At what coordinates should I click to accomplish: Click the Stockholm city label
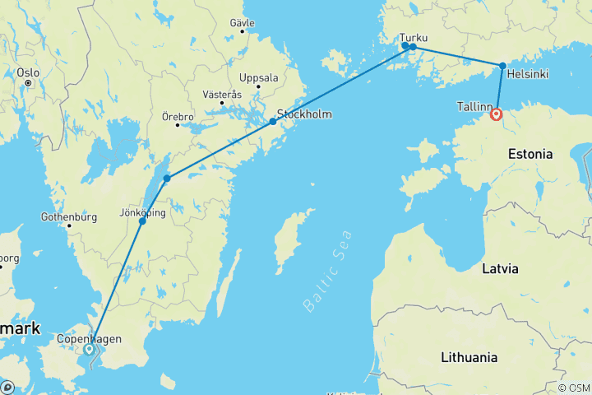pyautogui.click(x=305, y=114)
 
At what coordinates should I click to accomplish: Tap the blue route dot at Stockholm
pyautogui.click(x=273, y=122)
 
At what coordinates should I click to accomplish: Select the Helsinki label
pyautogui.click(x=528, y=74)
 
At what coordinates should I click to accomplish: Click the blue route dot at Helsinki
pyautogui.click(x=502, y=66)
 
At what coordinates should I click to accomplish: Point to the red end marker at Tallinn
pyautogui.click(x=497, y=115)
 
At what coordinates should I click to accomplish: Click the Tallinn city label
pyautogui.click(x=474, y=106)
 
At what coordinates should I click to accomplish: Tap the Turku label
pyautogui.click(x=413, y=37)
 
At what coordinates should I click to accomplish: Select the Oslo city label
pyautogui.click(x=28, y=72)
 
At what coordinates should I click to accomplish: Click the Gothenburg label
pyautogui.click(x=68, y=217)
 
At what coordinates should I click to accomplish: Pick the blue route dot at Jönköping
pyautogui.click(x=142, y=221)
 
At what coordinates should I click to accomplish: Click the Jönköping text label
pyautogui.click(x=143, y=212)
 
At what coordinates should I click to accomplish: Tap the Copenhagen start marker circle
pyautogui.click(x=89, y=350)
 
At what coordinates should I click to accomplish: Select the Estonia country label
pyautogui.click(x=531, y=154)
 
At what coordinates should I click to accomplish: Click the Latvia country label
pyautogui.click(x=500, y=268)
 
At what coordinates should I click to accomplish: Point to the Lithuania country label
pyautogui.click(x=469, y=357)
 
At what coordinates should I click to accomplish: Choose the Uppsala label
pyautogui.click(x=258, y=78)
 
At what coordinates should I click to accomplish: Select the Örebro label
pyautogui.click(x=177, y=116)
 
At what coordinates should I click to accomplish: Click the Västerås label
pyautogui.click(x=220, y=95)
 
